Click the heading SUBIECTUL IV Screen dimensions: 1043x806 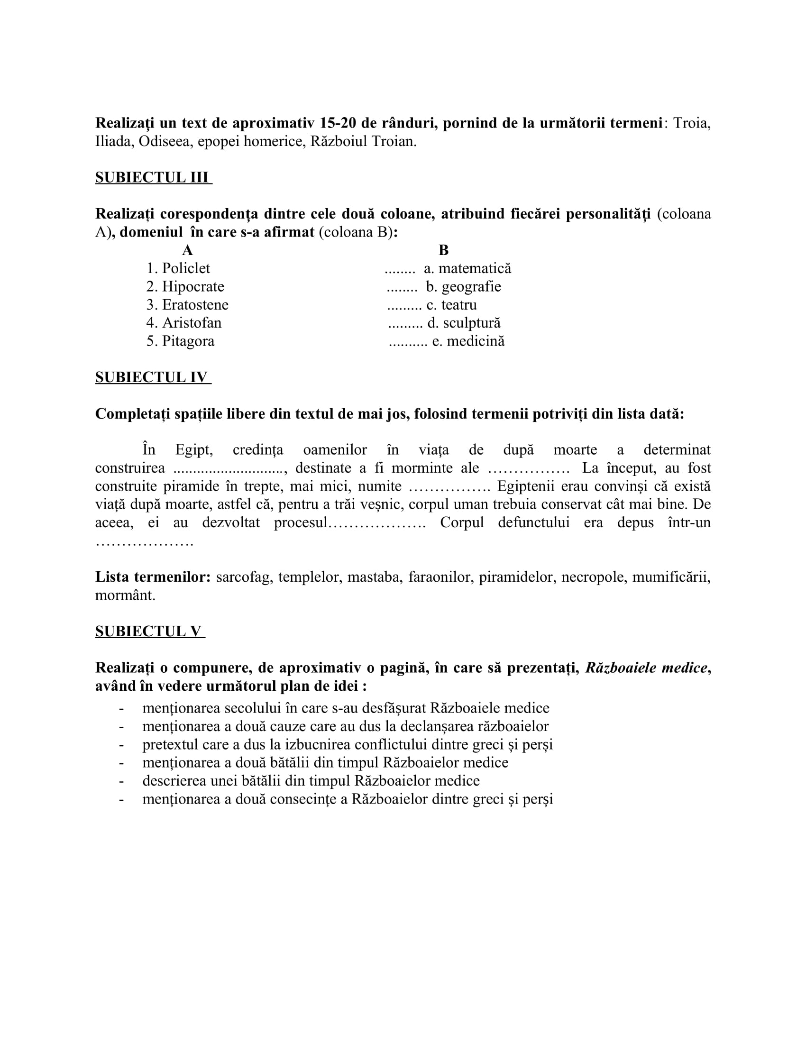click(x=152, y=377)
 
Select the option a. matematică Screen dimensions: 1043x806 click(x=467, y=268)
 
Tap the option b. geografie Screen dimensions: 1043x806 click(x=464, y=286)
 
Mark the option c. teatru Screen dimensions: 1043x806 click(x=452, y=305)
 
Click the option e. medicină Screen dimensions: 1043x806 click(x=468, y=341)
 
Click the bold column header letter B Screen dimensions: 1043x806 click(x=444, y=250)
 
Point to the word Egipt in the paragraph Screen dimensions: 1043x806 click(x=194, y=450)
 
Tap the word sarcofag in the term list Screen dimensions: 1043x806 click(x=243, y=577)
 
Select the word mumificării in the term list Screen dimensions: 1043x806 click(x=671, y=577)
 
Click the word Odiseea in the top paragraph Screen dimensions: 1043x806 click(x=164, y=142)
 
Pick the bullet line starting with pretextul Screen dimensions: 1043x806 click(x=347, y=744)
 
